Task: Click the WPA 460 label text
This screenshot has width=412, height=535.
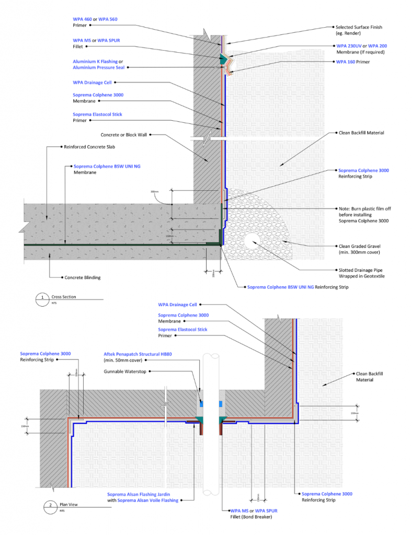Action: [82, 19]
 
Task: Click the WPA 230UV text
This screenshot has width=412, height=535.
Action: [349, 46]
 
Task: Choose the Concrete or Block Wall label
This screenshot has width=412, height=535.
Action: [123, 134]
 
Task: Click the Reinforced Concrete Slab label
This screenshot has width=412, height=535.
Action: [85, 147]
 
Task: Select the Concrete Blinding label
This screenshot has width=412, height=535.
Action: [82, 277]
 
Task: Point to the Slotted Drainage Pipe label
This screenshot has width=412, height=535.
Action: [361, 270]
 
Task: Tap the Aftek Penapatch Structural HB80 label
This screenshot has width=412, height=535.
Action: [138, 354]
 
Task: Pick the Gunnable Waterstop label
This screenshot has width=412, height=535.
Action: [125, 371]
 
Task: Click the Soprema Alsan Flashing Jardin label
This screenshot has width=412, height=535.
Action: [139, 494]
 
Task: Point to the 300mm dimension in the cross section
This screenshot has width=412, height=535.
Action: [154, 192]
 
